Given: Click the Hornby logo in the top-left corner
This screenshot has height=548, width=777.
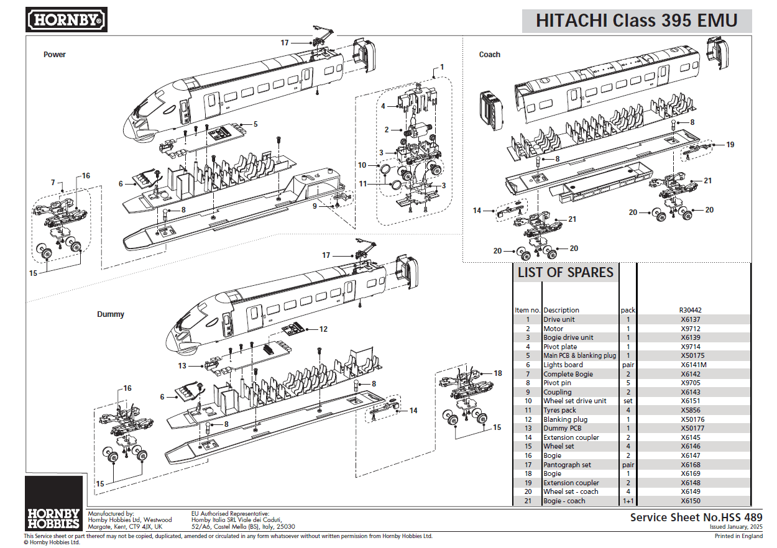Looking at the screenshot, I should coord(67,20).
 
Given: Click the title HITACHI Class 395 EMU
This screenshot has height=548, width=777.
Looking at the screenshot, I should coord(636,21).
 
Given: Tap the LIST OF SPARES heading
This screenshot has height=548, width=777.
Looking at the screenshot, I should coord(565,272).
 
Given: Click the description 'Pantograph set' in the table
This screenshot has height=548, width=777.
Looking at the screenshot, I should coord(567,465).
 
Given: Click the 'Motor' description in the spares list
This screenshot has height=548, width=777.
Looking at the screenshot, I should coord(553,329).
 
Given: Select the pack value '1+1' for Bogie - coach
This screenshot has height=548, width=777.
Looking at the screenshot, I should coord(628,501).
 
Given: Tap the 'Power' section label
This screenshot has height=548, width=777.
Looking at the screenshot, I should coord(55,55).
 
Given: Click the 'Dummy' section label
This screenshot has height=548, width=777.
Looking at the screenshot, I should coord(111,314).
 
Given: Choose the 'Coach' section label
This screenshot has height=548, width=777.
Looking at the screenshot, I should coord(489,55).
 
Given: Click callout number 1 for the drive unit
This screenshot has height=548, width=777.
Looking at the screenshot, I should coord(442,66).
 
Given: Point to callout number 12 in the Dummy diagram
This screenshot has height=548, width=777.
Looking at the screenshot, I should coord(323,329).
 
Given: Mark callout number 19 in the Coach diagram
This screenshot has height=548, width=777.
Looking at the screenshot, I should coord(730,145).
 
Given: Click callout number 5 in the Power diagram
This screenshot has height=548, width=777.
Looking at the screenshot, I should coord(255,124).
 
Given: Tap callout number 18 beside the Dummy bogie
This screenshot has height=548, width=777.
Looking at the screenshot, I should coord(497,373).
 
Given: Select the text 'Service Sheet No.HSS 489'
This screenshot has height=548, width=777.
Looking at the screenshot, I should coord(696,517).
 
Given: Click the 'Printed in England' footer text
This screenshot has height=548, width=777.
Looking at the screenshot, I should coord(738,536).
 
